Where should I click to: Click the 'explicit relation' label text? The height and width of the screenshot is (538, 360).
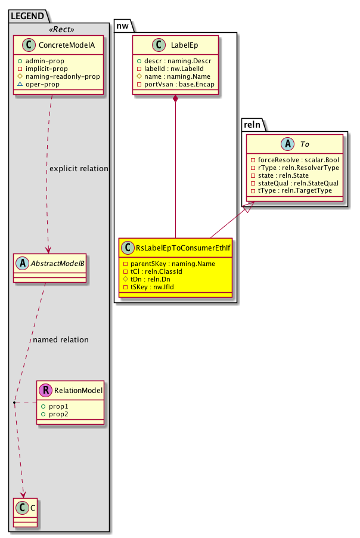click(79, 169)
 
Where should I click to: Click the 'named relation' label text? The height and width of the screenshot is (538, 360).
click(61, 340)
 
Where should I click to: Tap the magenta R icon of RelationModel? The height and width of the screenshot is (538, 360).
click(46, 391)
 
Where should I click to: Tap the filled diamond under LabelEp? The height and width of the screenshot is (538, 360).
click(175, 98)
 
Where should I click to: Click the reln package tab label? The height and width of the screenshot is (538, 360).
click(255, 124)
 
